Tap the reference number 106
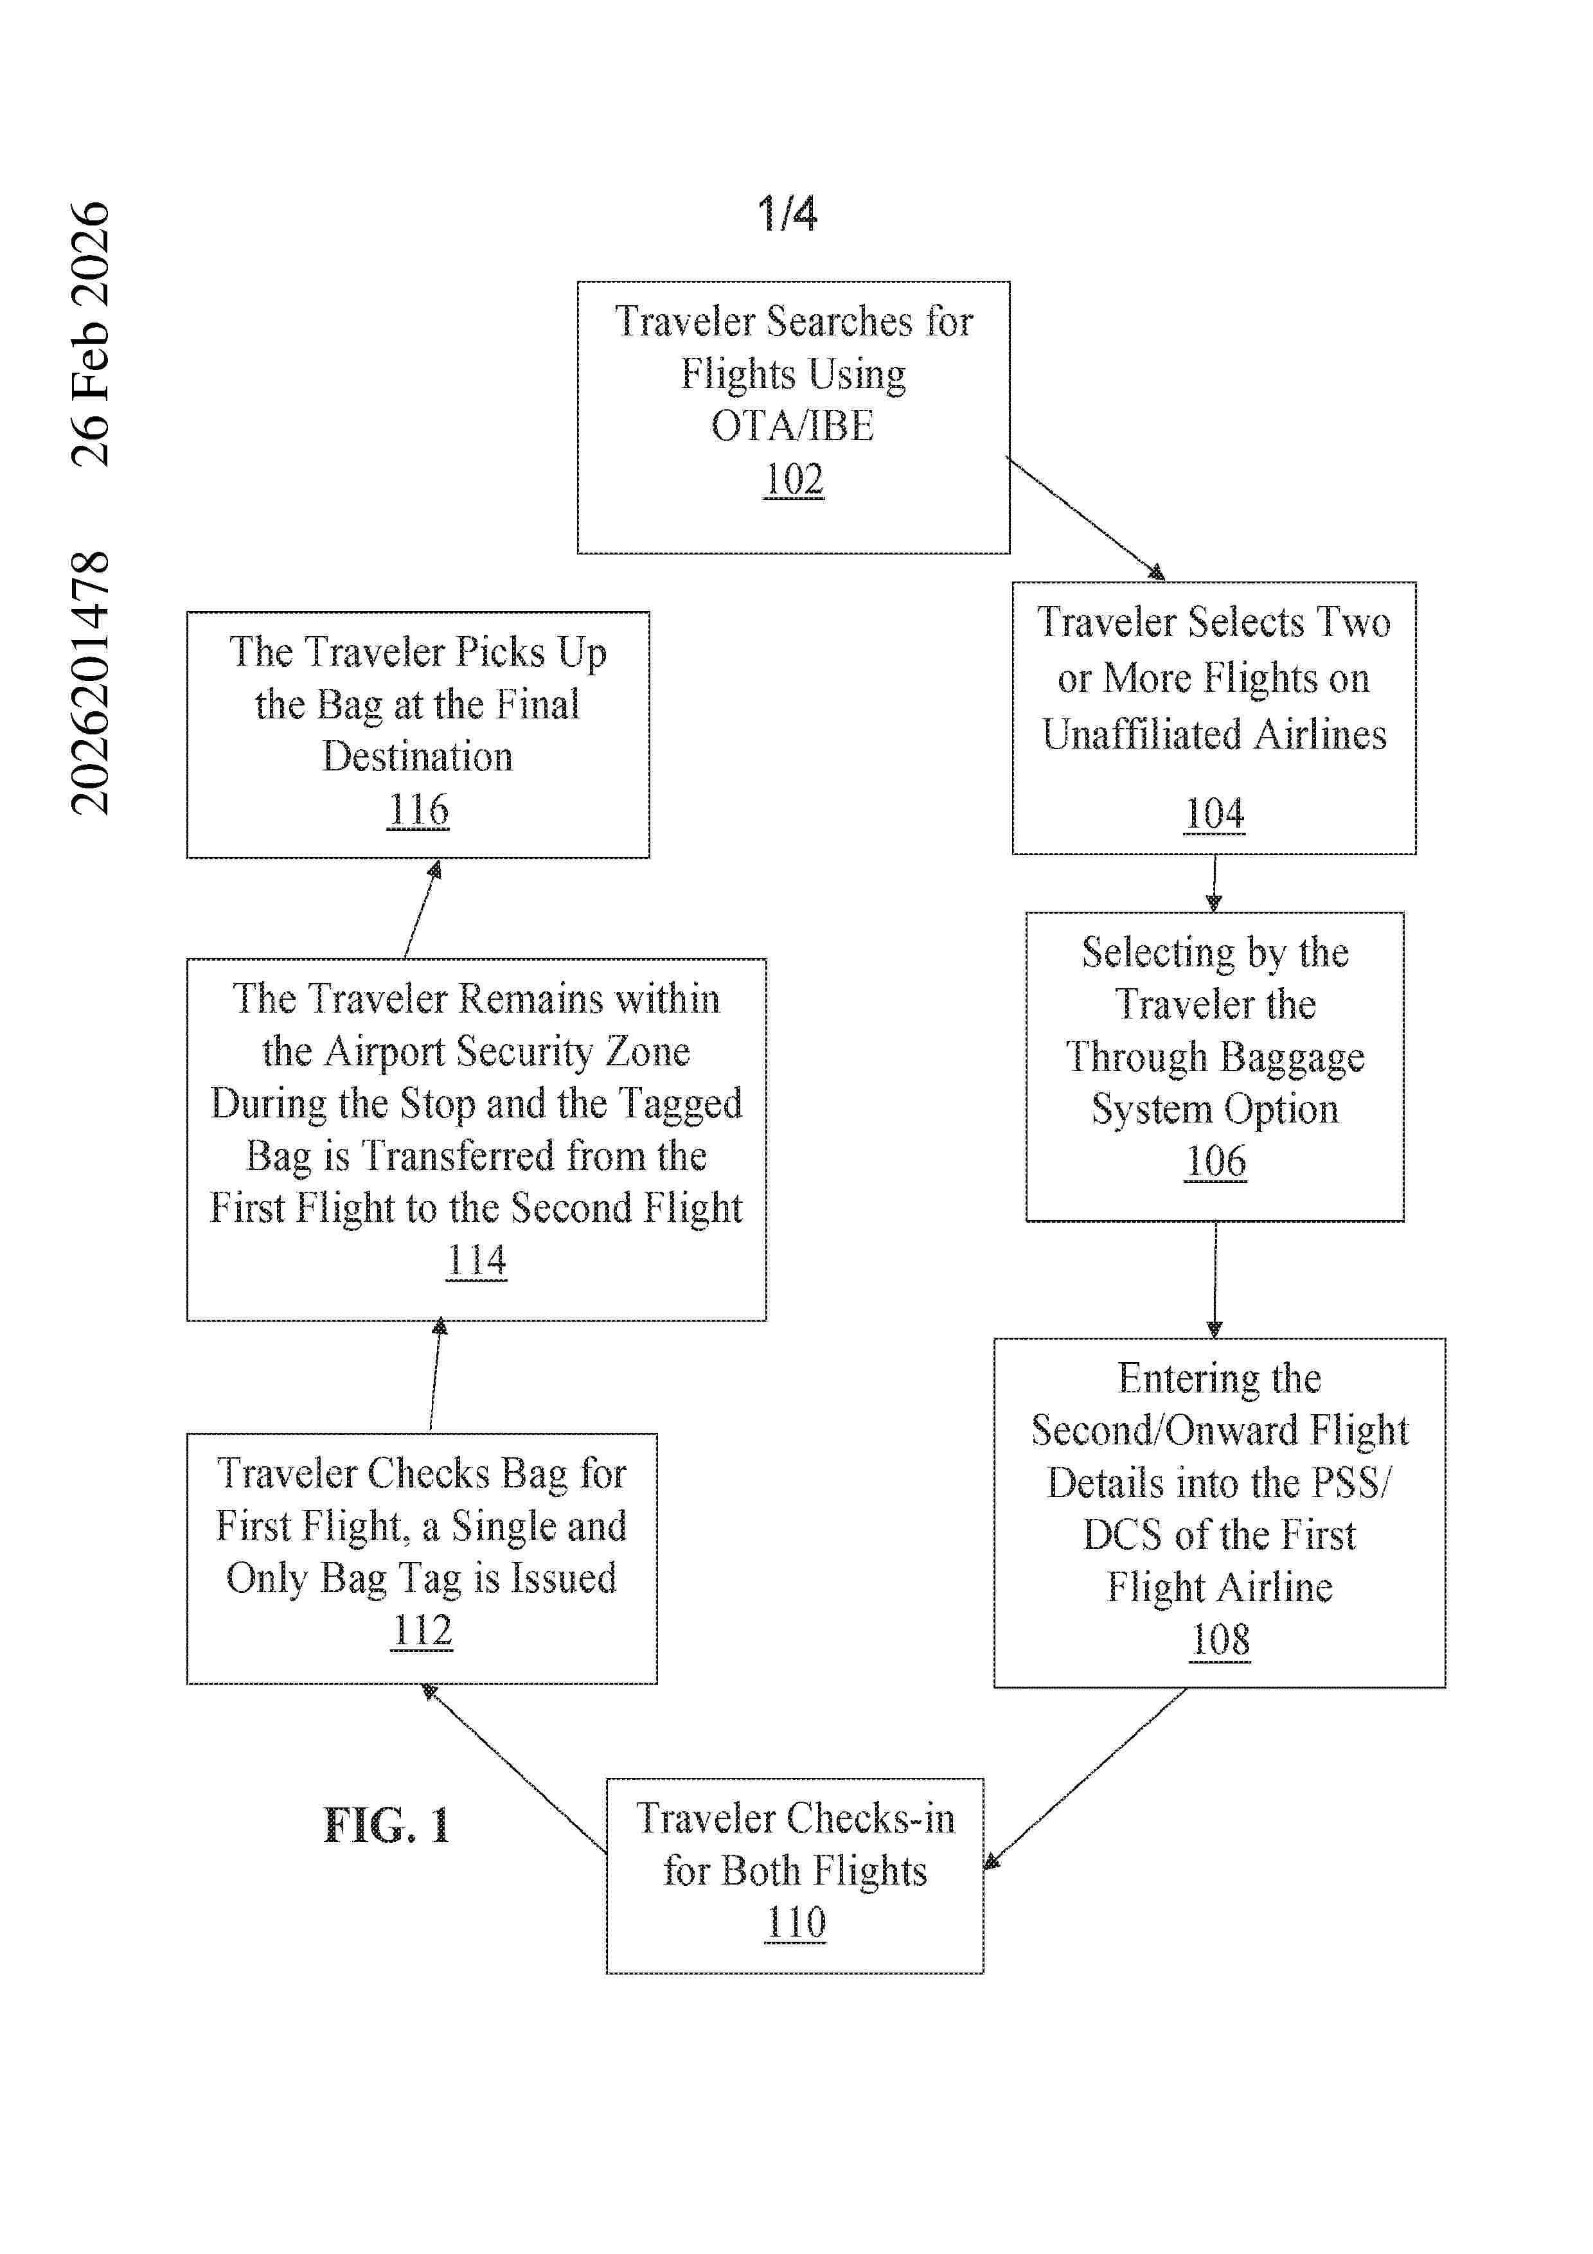coord(1215,1161)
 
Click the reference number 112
coord(422,1631)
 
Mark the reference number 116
coord(418,810)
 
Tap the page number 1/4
coord(787,213)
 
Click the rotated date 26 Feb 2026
coord(91,333)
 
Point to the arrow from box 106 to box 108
coord(1215,1279)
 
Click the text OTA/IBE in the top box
coord(793,426)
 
